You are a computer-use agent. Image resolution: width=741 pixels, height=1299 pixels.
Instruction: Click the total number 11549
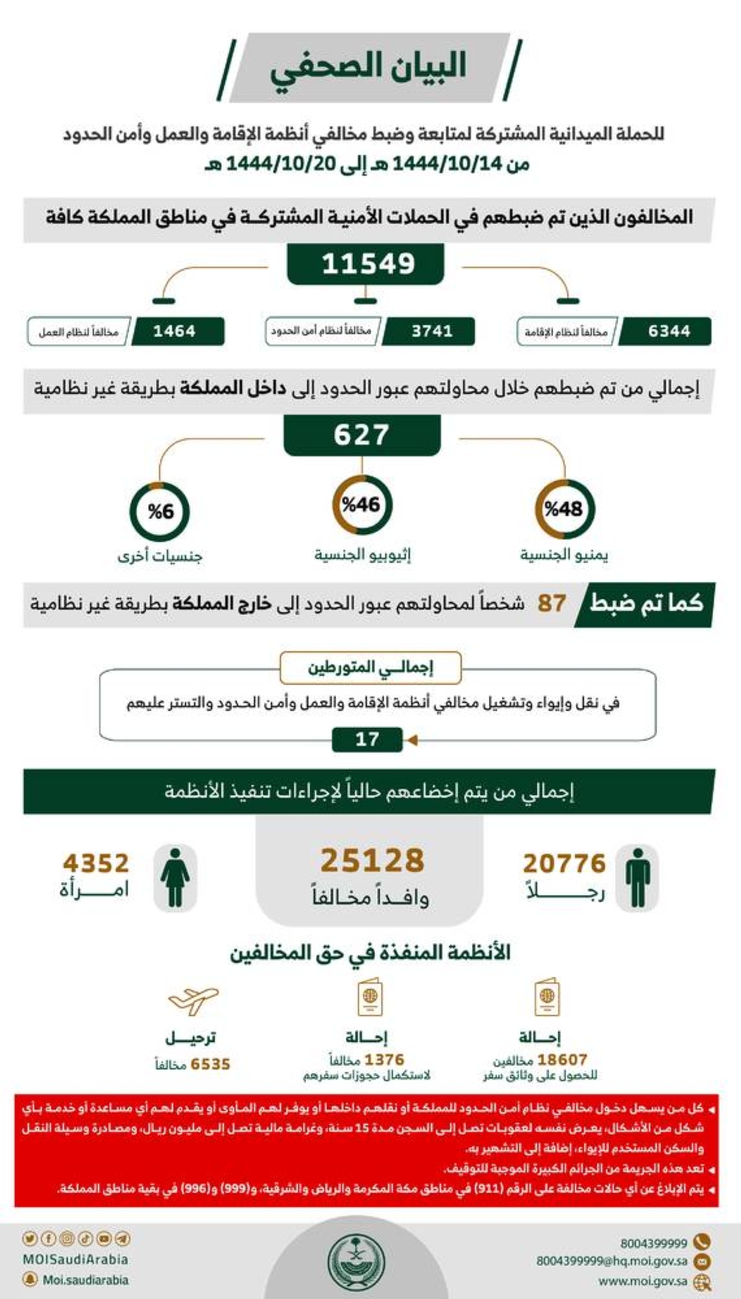368,264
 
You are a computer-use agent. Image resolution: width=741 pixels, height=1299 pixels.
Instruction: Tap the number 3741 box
431,331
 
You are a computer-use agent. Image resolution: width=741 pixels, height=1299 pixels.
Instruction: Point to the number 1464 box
175,331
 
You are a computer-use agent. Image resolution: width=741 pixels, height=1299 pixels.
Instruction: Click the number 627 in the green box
362,435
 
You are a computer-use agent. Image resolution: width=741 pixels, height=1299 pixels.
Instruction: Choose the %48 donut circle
564,509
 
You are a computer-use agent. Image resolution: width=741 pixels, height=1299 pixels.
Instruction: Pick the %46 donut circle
362,505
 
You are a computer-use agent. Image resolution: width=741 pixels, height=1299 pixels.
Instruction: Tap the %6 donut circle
160,511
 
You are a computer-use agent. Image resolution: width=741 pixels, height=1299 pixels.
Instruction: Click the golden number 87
551,604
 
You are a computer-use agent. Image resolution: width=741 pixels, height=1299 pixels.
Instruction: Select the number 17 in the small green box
368,739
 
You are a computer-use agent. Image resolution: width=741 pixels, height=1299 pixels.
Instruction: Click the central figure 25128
372,861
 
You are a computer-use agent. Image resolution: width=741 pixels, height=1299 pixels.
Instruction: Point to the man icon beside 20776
637,878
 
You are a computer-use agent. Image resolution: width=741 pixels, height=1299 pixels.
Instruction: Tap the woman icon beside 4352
175,878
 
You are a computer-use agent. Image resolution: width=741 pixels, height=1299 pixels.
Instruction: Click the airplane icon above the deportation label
193,1001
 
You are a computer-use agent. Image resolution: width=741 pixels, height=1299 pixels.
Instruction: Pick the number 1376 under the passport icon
384,1060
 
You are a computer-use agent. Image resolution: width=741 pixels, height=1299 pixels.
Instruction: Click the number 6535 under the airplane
210,1064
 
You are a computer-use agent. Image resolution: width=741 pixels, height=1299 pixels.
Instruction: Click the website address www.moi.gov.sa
642,1281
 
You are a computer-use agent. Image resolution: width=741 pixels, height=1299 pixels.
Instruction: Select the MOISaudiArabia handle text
75,1259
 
